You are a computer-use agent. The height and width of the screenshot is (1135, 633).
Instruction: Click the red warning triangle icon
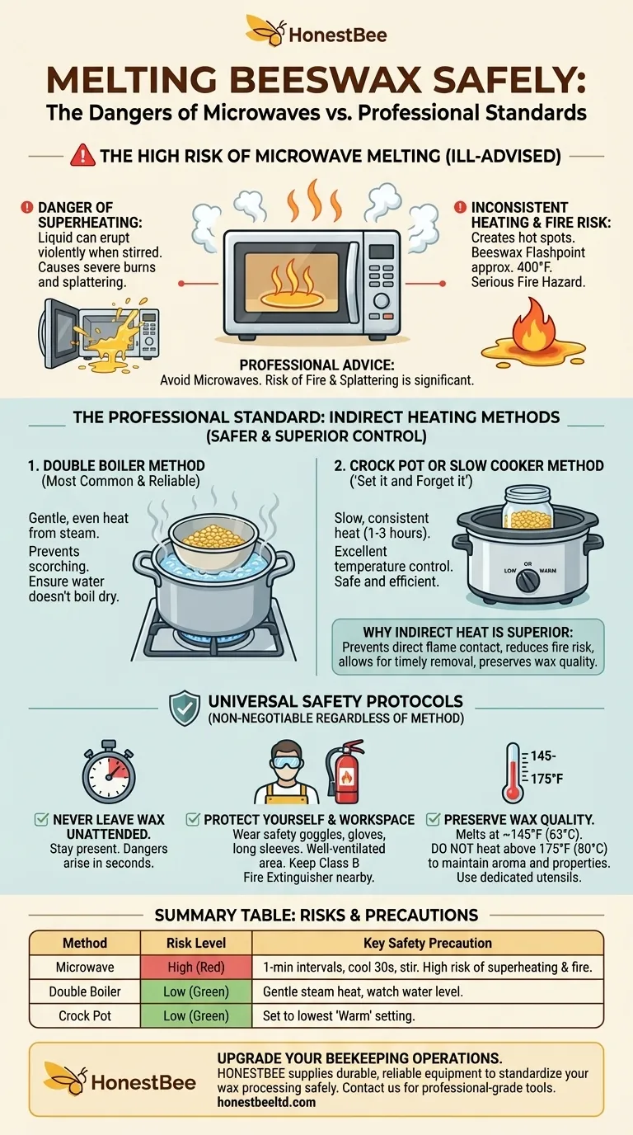tap(82, 155)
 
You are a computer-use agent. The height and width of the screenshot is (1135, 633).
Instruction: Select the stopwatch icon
tap(109, 770)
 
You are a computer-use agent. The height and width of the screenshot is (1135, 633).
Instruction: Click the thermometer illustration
tap(513, 773)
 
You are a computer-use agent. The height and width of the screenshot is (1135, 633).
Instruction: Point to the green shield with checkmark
tap(185, 708)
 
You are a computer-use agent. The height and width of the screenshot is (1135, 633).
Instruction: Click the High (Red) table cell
tap(196, 968)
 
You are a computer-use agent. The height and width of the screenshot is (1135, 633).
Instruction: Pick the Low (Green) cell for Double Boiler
tap(196, 991)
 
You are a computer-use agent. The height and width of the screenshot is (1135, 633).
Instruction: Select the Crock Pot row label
tap(85, 1016)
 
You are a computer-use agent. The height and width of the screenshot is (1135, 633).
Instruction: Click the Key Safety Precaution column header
tap(428, 943)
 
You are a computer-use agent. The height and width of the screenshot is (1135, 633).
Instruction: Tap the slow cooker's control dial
tap(528, 580)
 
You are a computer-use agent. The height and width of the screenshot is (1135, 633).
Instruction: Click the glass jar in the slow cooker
tap(527, 507)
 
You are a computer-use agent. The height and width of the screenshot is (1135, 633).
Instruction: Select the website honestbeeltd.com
tap(266, 1102)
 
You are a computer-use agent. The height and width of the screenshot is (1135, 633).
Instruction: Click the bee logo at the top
tap(265, 30)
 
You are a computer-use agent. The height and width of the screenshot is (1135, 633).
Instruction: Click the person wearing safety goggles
tap(287, 773)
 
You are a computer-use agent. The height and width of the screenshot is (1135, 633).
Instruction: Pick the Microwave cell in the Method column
tap(85, 968)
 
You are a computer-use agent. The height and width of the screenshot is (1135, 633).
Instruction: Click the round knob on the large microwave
tap(382, 300)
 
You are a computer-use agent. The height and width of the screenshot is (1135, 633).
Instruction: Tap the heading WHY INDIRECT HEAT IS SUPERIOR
tap(468, 633)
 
